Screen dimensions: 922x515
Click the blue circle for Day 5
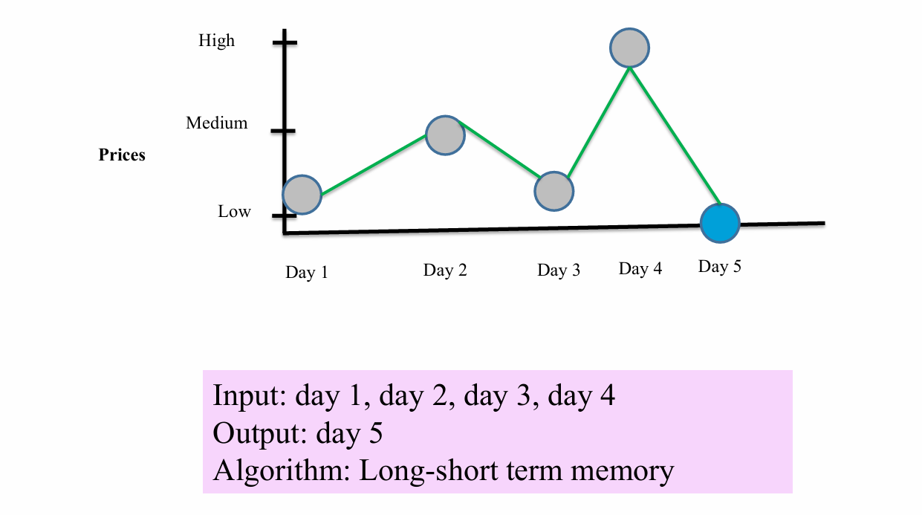[720, 223]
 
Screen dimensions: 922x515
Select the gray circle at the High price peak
[629, 48]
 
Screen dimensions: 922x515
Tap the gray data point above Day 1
[302, 195]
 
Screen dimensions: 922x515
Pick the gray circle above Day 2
[445, 135]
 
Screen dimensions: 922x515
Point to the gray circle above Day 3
[554, 191]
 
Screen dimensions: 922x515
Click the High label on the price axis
[216, 41]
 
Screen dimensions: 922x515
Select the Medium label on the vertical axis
[216, 123]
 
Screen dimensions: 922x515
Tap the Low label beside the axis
[234, 211]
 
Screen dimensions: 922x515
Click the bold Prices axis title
[122, 155]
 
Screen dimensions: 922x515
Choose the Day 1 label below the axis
[307, 273]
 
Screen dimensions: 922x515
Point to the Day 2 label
[445, 271]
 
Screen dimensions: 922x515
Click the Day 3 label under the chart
[559, 271]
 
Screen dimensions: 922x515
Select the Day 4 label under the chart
[640, 269]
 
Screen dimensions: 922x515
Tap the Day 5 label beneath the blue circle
[719, 266]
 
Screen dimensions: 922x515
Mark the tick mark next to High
[285, 42]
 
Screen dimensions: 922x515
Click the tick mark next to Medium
[283, 131]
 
